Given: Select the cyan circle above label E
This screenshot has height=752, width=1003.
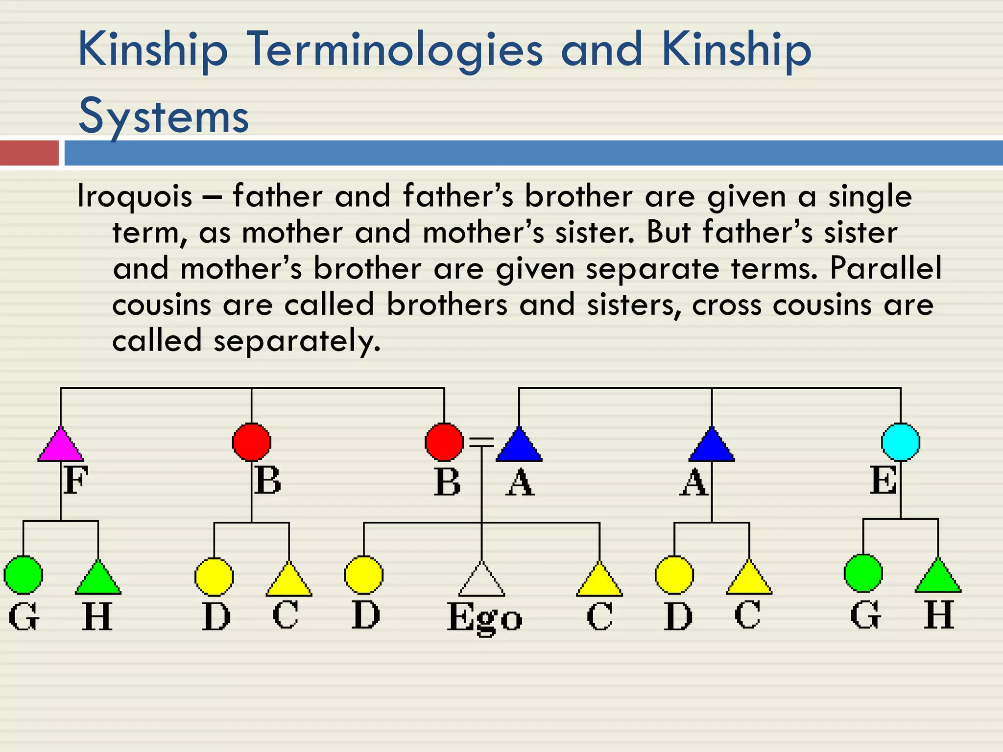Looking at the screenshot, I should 900,442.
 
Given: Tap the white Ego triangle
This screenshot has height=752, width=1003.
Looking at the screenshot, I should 482,582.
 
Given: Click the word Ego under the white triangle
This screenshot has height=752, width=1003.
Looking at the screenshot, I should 484,618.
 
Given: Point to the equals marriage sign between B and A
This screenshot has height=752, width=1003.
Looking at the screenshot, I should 481,442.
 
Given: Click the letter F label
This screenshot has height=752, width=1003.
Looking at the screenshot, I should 75,480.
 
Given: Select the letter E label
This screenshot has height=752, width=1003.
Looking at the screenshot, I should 883,480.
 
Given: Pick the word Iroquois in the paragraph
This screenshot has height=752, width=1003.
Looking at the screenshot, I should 135,196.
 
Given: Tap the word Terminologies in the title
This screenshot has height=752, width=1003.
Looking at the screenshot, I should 395,50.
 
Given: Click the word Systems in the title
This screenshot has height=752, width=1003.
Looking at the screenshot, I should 164,117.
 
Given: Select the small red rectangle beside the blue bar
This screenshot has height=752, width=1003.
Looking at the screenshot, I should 29,153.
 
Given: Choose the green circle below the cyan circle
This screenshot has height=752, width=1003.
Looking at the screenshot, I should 863,573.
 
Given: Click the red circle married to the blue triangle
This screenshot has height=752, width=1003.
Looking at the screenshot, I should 444,442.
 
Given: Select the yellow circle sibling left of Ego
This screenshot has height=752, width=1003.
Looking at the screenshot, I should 363,575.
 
